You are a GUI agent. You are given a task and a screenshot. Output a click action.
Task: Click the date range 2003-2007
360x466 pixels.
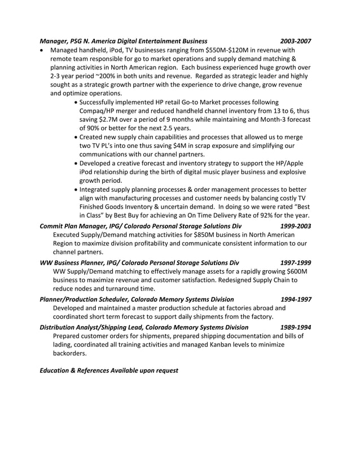[296, 41]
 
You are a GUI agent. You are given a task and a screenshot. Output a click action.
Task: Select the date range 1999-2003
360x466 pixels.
[296, 226]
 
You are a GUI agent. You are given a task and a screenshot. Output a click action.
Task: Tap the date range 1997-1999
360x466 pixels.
[296, 262]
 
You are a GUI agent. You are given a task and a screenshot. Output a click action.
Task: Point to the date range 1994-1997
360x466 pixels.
[296, 299]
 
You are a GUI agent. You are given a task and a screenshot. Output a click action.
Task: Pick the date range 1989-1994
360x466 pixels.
[296, 327]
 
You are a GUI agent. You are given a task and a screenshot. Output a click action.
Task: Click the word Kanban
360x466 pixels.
[216, 345]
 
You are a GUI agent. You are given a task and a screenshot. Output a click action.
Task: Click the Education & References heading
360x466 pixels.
[109, 371]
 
